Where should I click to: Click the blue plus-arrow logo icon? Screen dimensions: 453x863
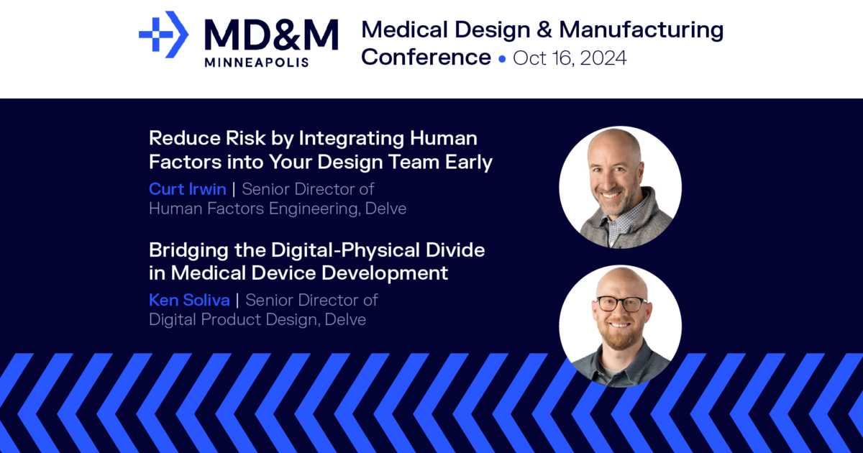click(163, 35)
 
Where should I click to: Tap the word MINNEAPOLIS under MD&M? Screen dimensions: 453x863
click(257, 63)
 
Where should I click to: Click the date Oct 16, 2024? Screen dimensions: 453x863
click(570, 58)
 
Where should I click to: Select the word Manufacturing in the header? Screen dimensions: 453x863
click(641, 29)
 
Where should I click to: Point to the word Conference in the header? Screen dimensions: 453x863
click(426, 57)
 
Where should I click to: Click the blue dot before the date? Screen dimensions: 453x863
click(502, 58)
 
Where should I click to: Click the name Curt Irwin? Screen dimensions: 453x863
click(188, 189)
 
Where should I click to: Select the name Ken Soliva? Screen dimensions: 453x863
click(189, 300)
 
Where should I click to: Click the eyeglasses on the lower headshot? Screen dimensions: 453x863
click(621, 303)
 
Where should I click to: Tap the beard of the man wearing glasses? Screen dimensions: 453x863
click(621, 335)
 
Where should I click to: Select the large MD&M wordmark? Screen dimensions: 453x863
click(270, 35)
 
